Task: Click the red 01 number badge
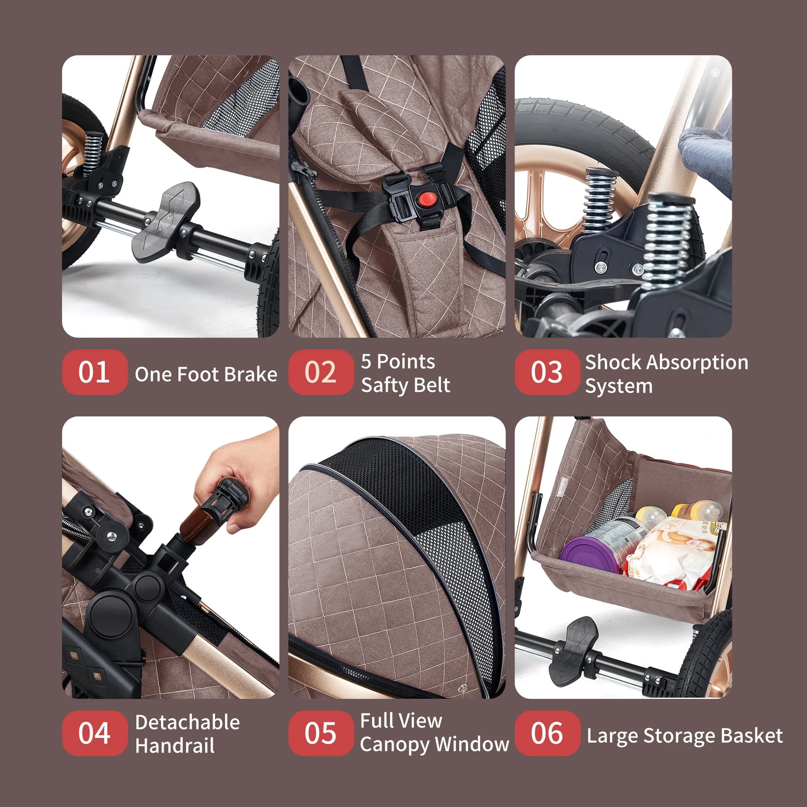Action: [x=95, y=372]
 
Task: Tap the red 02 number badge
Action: [x=321, y=372]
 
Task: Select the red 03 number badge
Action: [x=547, y=372]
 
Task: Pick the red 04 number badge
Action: [x=95, y=733]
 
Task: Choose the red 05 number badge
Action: [x=321, y=733]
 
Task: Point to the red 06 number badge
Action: [x=547, y=733]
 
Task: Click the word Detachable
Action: [x=187, y=722]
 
